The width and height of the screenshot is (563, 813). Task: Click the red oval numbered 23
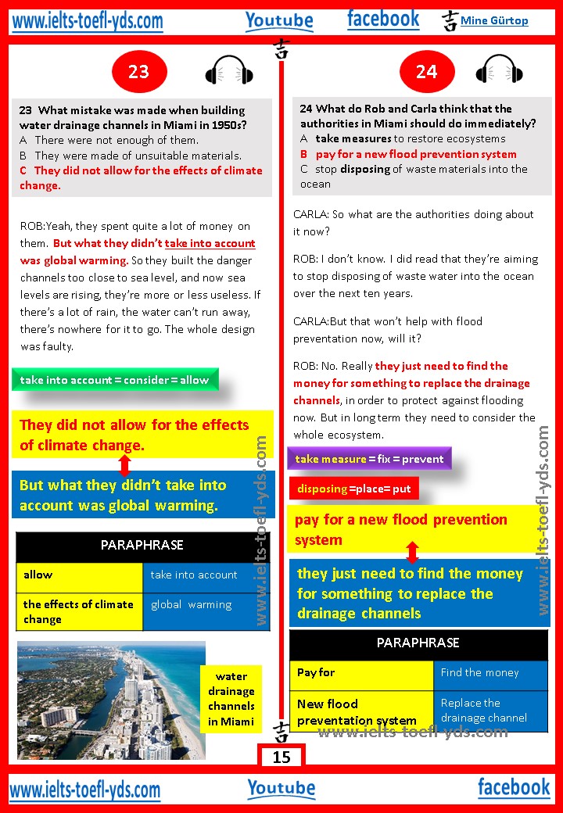(x=138, y=72)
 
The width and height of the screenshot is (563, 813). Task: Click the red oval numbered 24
(x=426, y=72)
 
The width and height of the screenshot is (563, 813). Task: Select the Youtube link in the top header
(x=279, y=20)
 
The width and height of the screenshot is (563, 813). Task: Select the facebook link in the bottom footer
(x=514, y=787)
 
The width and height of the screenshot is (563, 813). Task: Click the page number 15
(x=281, y=757)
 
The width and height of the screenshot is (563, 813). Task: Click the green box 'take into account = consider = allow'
(x=115, y=380)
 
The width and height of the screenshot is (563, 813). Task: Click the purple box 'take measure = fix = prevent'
(x=369, y=459)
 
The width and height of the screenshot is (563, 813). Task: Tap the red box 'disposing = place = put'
(x=354, y=489)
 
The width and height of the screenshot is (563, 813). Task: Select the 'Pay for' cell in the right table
(x=361, y=674)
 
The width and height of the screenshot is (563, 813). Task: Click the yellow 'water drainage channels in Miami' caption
(x=231, y=699)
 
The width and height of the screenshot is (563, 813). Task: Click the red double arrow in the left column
(x=124, y=465)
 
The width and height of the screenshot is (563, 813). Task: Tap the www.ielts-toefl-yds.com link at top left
(x=88, y=21)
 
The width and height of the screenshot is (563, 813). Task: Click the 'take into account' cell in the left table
(x=206, y=575)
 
